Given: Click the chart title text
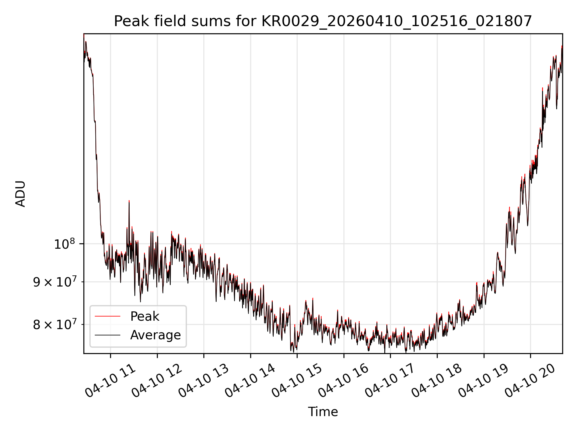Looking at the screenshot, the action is [x=323, y=21].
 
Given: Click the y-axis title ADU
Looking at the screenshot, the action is [x=20, y=194].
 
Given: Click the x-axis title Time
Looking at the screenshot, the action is [x=323, y=412].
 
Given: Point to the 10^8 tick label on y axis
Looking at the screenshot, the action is [x=64, y=244].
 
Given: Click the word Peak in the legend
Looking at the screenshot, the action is [x=145, y=316].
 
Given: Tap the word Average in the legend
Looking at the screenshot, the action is [x=155, y=335].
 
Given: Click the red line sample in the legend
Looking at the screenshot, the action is [x=107, y=316].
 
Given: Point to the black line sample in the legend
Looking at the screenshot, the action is [x=107, y=335].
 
